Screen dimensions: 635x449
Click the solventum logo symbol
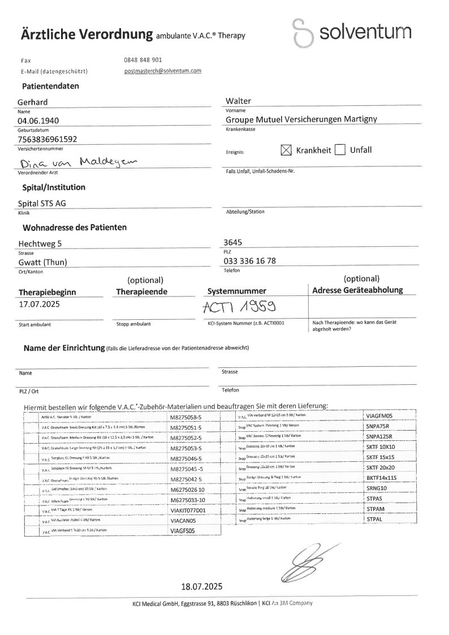pos(304,35)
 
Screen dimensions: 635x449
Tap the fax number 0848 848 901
pos(143,59)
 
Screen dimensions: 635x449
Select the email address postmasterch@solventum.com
pos(163,71)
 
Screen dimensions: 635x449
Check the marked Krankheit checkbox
pos(286,150)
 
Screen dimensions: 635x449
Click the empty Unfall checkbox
pos(340,150)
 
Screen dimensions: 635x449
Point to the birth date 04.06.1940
pos(38,121)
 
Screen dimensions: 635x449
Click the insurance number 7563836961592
pos(48,139)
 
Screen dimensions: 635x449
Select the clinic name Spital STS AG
pos(46,204)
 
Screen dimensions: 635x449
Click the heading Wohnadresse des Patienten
pos(74,228)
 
